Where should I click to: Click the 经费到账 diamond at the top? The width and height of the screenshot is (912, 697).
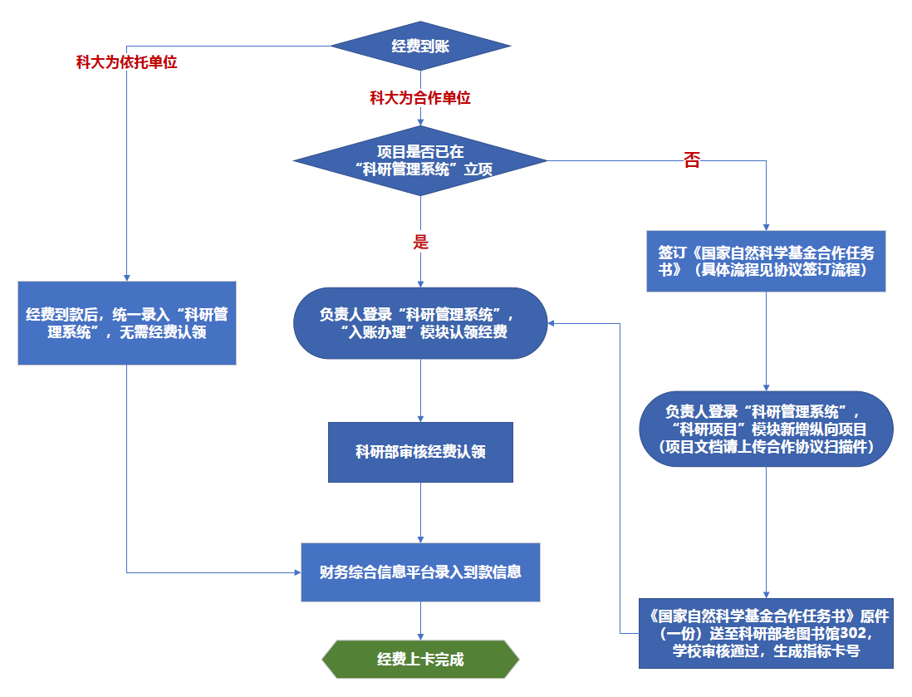click(420, 47)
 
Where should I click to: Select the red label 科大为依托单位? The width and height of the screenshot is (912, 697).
click(126, 62)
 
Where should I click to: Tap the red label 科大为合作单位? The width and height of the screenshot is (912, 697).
click(420, 98)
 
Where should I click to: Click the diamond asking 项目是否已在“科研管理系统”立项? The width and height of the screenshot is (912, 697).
click(420, 160)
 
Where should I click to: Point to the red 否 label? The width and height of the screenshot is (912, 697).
click(692, 160)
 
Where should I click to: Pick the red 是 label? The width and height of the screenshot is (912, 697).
click(420, 242)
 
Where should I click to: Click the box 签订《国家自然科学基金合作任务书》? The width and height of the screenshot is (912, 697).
click(766, 261)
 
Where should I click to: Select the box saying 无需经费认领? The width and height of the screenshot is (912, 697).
click(127, 323)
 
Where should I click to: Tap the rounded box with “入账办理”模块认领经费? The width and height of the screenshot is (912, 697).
click(420, 323)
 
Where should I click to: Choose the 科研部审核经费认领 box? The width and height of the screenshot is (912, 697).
click(420, 452)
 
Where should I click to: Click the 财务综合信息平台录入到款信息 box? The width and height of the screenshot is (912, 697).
click(420, 572)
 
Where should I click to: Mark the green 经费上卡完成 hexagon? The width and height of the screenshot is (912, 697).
click(420, 660)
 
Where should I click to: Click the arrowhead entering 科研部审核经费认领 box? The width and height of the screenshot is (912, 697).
click(420, 418)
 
